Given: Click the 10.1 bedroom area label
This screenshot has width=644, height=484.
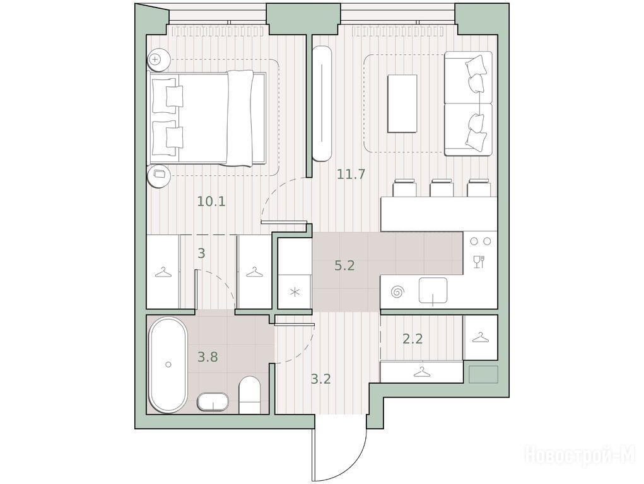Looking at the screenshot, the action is click(x=211, y=202).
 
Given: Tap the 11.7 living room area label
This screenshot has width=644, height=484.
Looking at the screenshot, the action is click(x=351, y=175).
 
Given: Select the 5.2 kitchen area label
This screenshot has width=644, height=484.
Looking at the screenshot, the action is click(x=344, y=266).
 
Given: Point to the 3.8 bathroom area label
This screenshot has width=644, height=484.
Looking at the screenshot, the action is click(x=208, y=357).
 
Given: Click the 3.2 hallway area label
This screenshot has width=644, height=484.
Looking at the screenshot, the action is click(x=320, y=379).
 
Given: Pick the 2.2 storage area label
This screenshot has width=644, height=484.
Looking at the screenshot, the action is click(x=413, y=339).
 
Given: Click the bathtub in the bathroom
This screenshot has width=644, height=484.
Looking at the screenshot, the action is click(x=168, y=364).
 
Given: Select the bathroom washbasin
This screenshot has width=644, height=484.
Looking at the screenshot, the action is click(x=213, y=402).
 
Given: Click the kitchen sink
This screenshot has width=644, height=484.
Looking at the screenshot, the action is click(x=433, y=291).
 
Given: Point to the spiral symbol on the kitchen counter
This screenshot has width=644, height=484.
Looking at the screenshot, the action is click(x=397, y=292).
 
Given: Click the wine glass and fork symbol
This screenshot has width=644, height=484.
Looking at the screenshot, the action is click(x=479, y=262).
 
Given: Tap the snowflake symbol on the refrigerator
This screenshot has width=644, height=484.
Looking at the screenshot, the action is click(x=295, y=292).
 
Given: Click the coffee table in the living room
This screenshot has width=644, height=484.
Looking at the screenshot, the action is click(x=402, y=103).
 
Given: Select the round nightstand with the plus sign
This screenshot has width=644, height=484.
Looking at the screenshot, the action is click(x=158, y=60).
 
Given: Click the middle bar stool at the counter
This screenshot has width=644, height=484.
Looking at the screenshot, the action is click(x=441, y=188).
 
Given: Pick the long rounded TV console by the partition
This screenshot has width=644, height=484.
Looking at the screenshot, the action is click(x=322, y=103).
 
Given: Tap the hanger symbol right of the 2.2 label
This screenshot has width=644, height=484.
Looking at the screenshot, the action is click(x=480, y=338).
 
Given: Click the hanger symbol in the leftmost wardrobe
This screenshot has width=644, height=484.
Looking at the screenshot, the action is click(x=163, y=272).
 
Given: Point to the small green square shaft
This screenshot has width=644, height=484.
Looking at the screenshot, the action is click(x=483, y=374).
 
